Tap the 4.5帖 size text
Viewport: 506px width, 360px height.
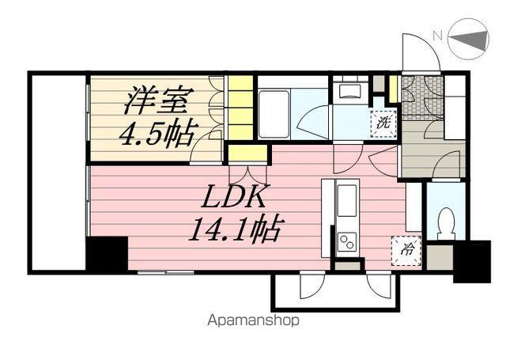(156, 135)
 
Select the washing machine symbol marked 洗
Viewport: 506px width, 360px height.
(383, 123)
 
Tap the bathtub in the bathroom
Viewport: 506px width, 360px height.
(274, 113)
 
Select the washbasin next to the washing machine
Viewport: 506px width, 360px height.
(349, 91)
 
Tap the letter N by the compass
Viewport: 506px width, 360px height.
(436, 36)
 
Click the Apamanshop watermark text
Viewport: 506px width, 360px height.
(253, 321)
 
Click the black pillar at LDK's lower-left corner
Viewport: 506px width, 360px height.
(107, 255)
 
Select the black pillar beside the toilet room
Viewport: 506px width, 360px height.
(472, 260)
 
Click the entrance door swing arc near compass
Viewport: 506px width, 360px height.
(418, 52)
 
